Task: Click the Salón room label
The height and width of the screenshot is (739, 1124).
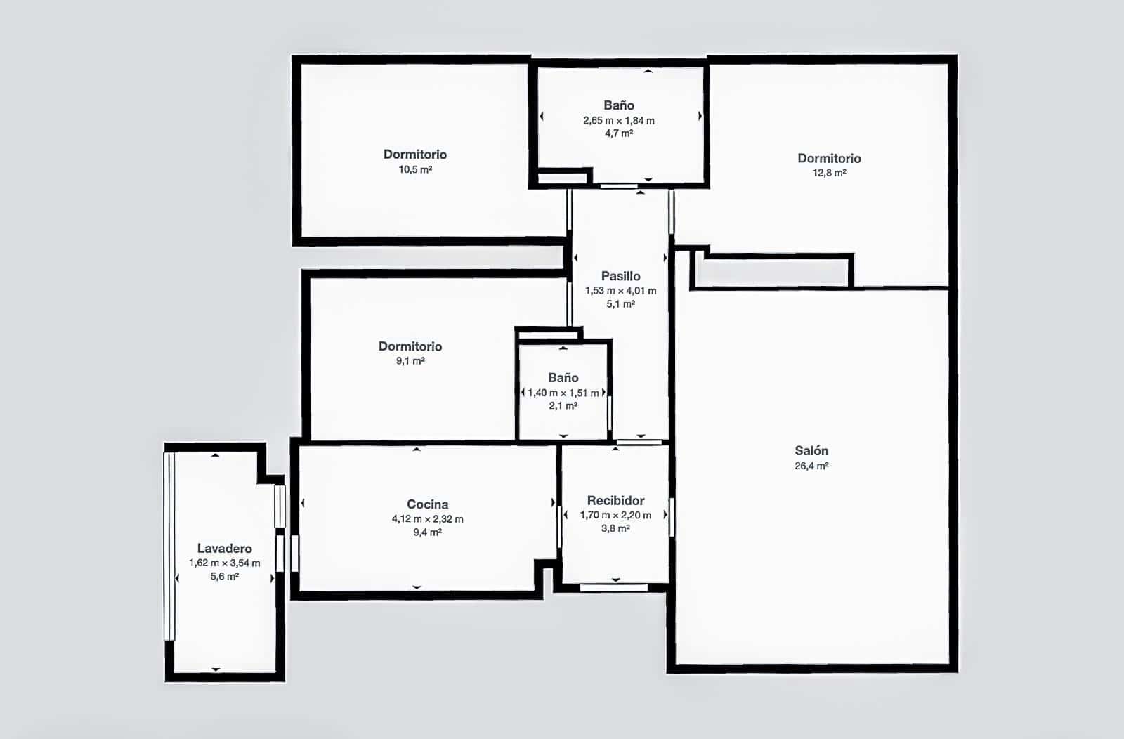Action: [811, 451]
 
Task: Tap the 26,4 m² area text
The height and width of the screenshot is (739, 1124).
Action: [811, 466]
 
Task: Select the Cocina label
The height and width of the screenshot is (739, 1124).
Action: [427, 504]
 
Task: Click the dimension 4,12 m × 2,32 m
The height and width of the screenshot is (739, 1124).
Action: [427, 519]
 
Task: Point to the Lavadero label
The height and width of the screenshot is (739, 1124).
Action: [224, 549]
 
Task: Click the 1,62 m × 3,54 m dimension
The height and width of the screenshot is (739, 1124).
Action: [224, 563]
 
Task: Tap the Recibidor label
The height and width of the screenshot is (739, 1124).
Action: [615, 501]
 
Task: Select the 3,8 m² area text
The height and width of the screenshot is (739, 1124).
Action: [615, 528]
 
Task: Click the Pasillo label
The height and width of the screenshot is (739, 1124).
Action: [620, 276]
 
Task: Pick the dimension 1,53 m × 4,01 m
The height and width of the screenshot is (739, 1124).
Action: [620, 291]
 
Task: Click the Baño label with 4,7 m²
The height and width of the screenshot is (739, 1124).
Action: [618, 105]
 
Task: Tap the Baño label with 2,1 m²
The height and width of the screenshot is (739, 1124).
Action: [563, 378]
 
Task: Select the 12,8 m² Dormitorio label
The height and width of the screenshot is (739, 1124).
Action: [829, 159]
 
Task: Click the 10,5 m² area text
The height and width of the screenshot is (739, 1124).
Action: [415, 169]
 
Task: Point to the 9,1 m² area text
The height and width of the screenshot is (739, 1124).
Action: [410, 361]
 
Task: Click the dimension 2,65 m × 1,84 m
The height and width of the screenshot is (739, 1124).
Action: [618, 121]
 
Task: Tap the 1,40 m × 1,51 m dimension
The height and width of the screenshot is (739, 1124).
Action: [563, 393]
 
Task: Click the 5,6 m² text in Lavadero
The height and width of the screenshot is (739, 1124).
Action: [224, 577]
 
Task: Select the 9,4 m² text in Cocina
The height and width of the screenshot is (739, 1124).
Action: [427, 532]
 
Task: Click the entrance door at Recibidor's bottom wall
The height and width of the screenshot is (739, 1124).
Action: [613, 587]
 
